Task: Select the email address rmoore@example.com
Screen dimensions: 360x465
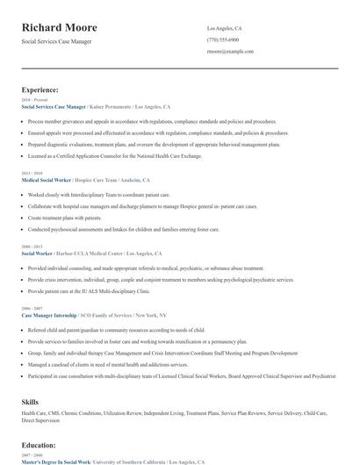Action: (230, 52)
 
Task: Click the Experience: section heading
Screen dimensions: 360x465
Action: (40, 89)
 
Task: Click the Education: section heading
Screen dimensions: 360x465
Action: (39, 445)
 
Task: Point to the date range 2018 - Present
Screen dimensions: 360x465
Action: (31, 100)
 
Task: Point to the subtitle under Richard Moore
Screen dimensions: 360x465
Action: (56, 41)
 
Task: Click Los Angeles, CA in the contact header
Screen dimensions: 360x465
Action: (225, 29)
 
